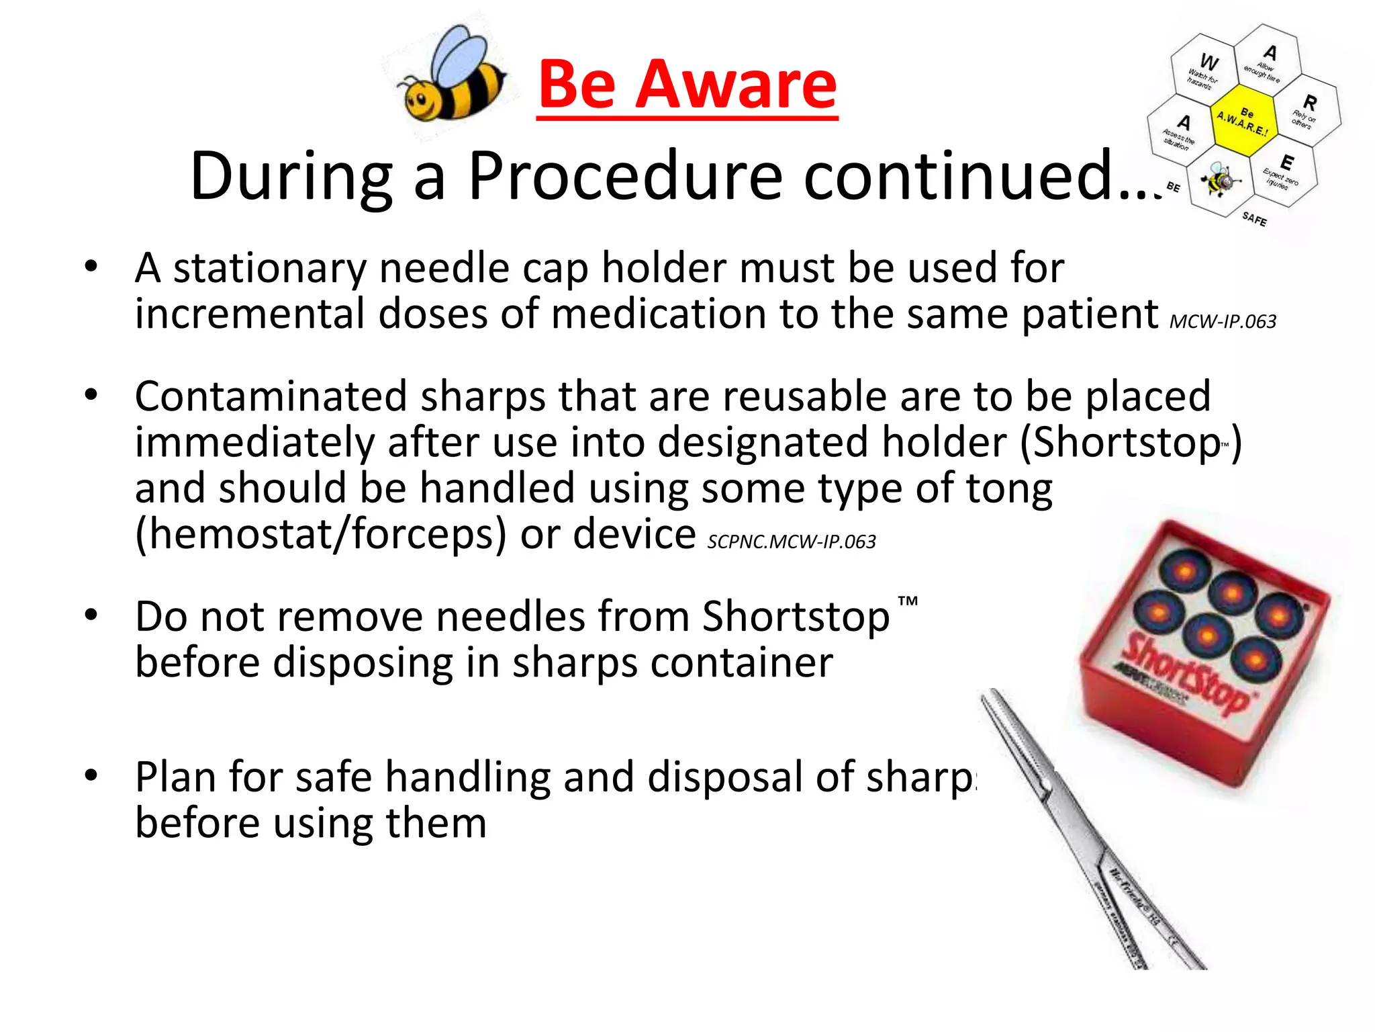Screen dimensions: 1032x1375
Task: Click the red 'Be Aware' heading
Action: (x=687, y=85)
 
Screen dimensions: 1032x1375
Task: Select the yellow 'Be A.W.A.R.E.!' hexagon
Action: (x=1244, y=121)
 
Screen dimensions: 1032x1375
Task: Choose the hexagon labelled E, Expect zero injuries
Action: (x=1284, y=171)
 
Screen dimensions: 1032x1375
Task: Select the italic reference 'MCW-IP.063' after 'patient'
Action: (x=1223, y=322)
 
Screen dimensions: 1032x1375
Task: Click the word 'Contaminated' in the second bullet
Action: (x=271, y=396)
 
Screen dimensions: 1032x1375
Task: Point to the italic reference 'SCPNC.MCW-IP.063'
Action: (x=792, y=542)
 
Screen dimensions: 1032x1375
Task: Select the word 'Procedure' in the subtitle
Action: (x=624, y=176)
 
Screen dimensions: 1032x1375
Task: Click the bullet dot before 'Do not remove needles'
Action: (x=91, y=614)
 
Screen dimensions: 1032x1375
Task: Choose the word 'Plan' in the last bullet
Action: (x=175, y=777)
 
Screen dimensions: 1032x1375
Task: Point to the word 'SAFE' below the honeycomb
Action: (x=1253, y=218)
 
